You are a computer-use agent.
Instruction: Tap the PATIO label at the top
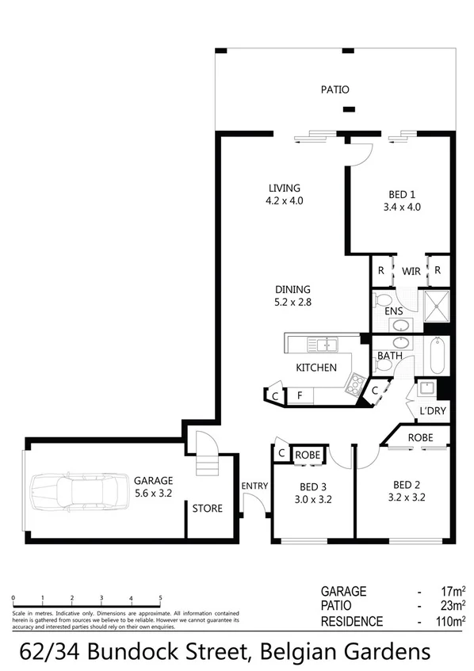point(334,90)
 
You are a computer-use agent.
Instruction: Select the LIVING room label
point(285,188)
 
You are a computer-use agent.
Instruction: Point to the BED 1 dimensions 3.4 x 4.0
point(400,208)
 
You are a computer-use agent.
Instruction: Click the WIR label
point(411,271)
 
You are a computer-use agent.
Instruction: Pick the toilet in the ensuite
point(384,301)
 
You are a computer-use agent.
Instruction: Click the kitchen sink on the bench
point(323,345)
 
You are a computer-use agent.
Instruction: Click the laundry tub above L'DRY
point(426,389)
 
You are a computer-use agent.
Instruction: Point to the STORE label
point(208,509)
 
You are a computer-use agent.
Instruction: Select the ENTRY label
point(255,486)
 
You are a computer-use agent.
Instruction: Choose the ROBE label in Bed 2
point(420,437)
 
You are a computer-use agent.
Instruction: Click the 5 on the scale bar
point(161,598)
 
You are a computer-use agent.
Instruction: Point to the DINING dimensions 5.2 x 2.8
point(293,302)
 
